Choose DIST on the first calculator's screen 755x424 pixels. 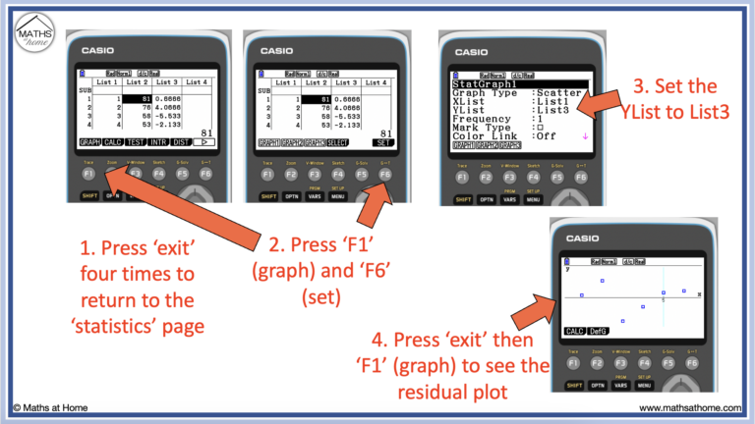tap(179, 142)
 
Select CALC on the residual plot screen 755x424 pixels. tap(575, 331)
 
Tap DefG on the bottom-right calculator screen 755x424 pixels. tap(600, 331)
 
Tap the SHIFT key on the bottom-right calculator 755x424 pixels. tap(574, 385)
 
